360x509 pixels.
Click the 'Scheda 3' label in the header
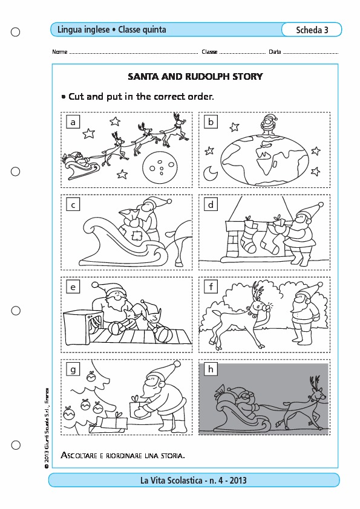(312, 30)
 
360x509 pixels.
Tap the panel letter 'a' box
(73, 122)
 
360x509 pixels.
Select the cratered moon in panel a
(160, 166)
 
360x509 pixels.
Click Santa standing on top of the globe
(269, 125)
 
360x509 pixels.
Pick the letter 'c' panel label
(73, 204)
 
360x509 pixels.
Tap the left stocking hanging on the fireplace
(249, 236)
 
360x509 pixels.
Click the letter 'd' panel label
(211, 204)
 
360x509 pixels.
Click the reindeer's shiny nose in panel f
(269, 307)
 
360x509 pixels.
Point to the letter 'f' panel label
(211, 287)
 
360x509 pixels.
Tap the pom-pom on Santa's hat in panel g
(177, 364)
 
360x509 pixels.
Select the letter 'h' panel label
(211, 369)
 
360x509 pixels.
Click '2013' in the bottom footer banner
(238, 481)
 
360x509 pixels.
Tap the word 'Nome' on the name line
(60, 52)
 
